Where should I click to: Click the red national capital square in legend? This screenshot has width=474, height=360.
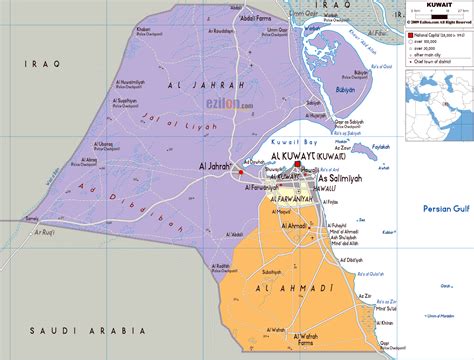(x=407, y=34)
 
